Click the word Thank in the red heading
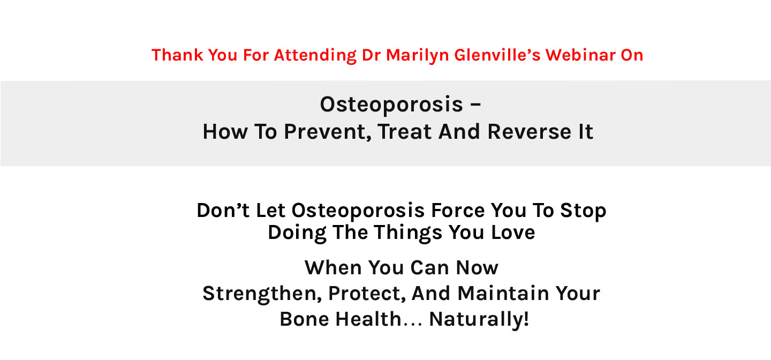tap(177, 55)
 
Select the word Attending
tap(315, 56)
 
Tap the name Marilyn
tap(417, 56)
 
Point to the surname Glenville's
tap(497, 55)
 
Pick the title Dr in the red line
tap(371, 55)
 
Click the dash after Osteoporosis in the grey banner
tap(475, 104)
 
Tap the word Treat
tap(404, 132)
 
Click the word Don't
tap(223, 210)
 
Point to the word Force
tap(458, 210)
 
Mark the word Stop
tap(583, 211)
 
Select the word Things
tap(408, 233)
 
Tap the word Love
tap(513, 232)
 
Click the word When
tap(333, 268)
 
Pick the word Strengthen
tap(262, 294)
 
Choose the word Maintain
tap(503, 293)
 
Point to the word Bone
tap(304, 319)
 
